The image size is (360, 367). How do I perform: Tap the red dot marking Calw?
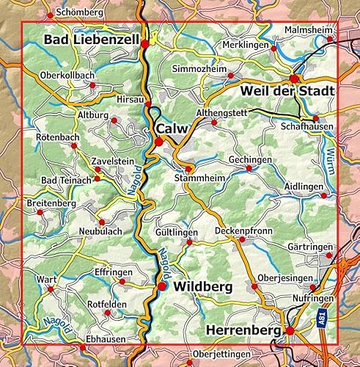[x=158, y=142]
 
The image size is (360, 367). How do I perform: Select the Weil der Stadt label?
[x=287, y=90]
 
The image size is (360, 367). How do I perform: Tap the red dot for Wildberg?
[x=162, y=286]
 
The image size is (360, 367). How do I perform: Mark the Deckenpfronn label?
[x=243, y=231]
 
